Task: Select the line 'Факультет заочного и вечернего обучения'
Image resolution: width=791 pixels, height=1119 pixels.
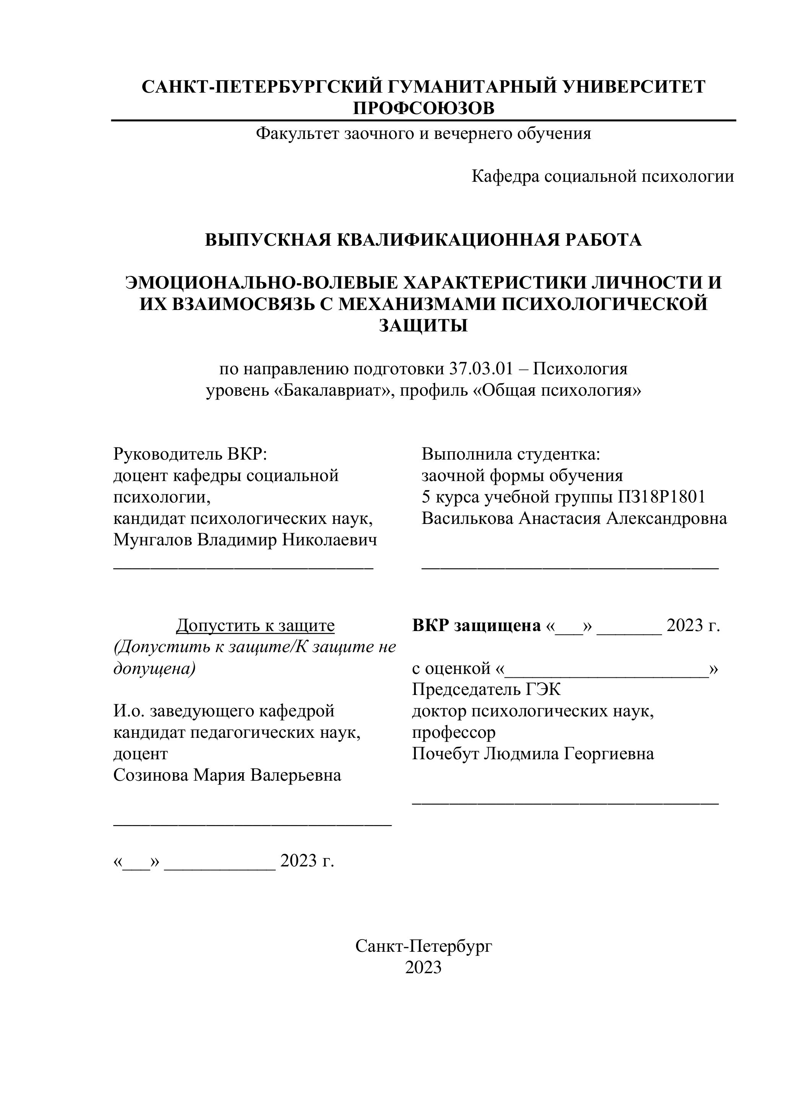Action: pos(423,134)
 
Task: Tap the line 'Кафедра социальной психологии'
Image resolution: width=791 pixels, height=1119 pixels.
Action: pos(602,176)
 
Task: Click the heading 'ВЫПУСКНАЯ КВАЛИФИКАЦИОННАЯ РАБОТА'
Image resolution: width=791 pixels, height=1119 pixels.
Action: pos(423,240)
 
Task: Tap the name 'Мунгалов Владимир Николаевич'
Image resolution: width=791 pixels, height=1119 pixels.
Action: pos(245,540)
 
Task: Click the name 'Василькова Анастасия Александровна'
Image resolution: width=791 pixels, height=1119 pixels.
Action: pos(574,519)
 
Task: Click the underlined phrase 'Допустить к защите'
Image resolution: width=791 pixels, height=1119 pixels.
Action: pos(255,625)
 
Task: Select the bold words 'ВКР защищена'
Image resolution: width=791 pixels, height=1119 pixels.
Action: pos(476,625)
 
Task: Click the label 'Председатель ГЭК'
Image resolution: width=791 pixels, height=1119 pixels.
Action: pos(486,690)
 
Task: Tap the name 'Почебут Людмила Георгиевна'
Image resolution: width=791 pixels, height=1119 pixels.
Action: pos(533,754)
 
